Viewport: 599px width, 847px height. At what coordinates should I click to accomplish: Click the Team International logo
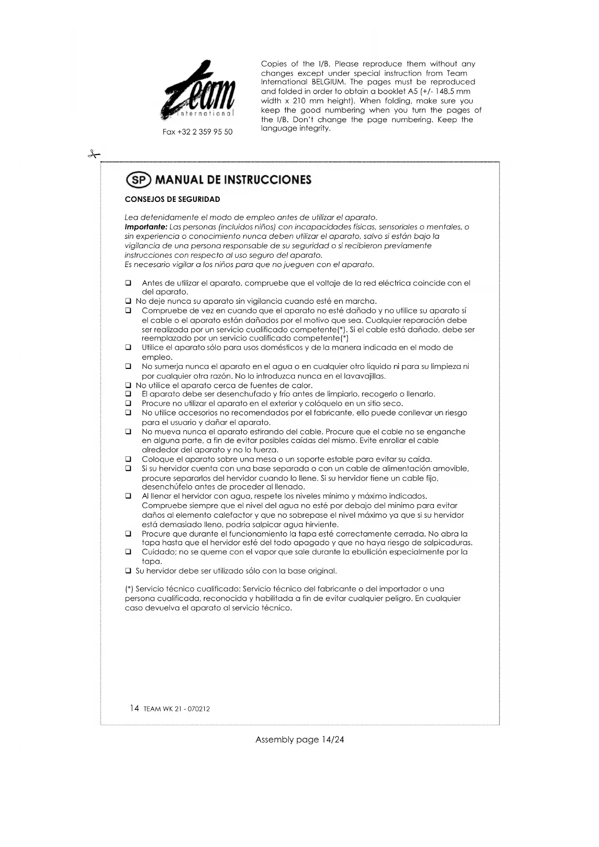click(199, 91)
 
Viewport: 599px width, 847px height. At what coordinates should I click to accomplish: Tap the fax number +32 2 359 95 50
click(197, 132)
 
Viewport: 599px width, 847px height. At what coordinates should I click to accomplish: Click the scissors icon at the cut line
click(94, 155)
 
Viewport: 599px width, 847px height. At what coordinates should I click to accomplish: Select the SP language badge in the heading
click(139, 180)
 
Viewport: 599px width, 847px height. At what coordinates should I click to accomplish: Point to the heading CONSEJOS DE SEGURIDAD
click(172, 199)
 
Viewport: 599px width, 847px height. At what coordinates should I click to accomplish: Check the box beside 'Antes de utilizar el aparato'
click(128, 283)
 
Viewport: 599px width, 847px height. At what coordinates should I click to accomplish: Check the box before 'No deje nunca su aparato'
click(128, 301)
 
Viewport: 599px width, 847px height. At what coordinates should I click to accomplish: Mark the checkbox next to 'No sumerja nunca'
click(128, 367)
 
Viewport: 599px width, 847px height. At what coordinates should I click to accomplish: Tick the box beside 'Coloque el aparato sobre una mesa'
click(128, 459)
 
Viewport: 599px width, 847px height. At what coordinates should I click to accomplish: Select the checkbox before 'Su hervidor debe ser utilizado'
click(128, 571)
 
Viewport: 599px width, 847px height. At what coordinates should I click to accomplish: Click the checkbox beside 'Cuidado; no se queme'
click(128, 552)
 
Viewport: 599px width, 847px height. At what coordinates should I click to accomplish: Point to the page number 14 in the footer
click(134, 708)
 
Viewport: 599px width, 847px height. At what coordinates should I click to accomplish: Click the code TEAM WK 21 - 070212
click(177, 709)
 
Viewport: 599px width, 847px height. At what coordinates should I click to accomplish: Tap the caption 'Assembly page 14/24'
click(299, 739)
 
